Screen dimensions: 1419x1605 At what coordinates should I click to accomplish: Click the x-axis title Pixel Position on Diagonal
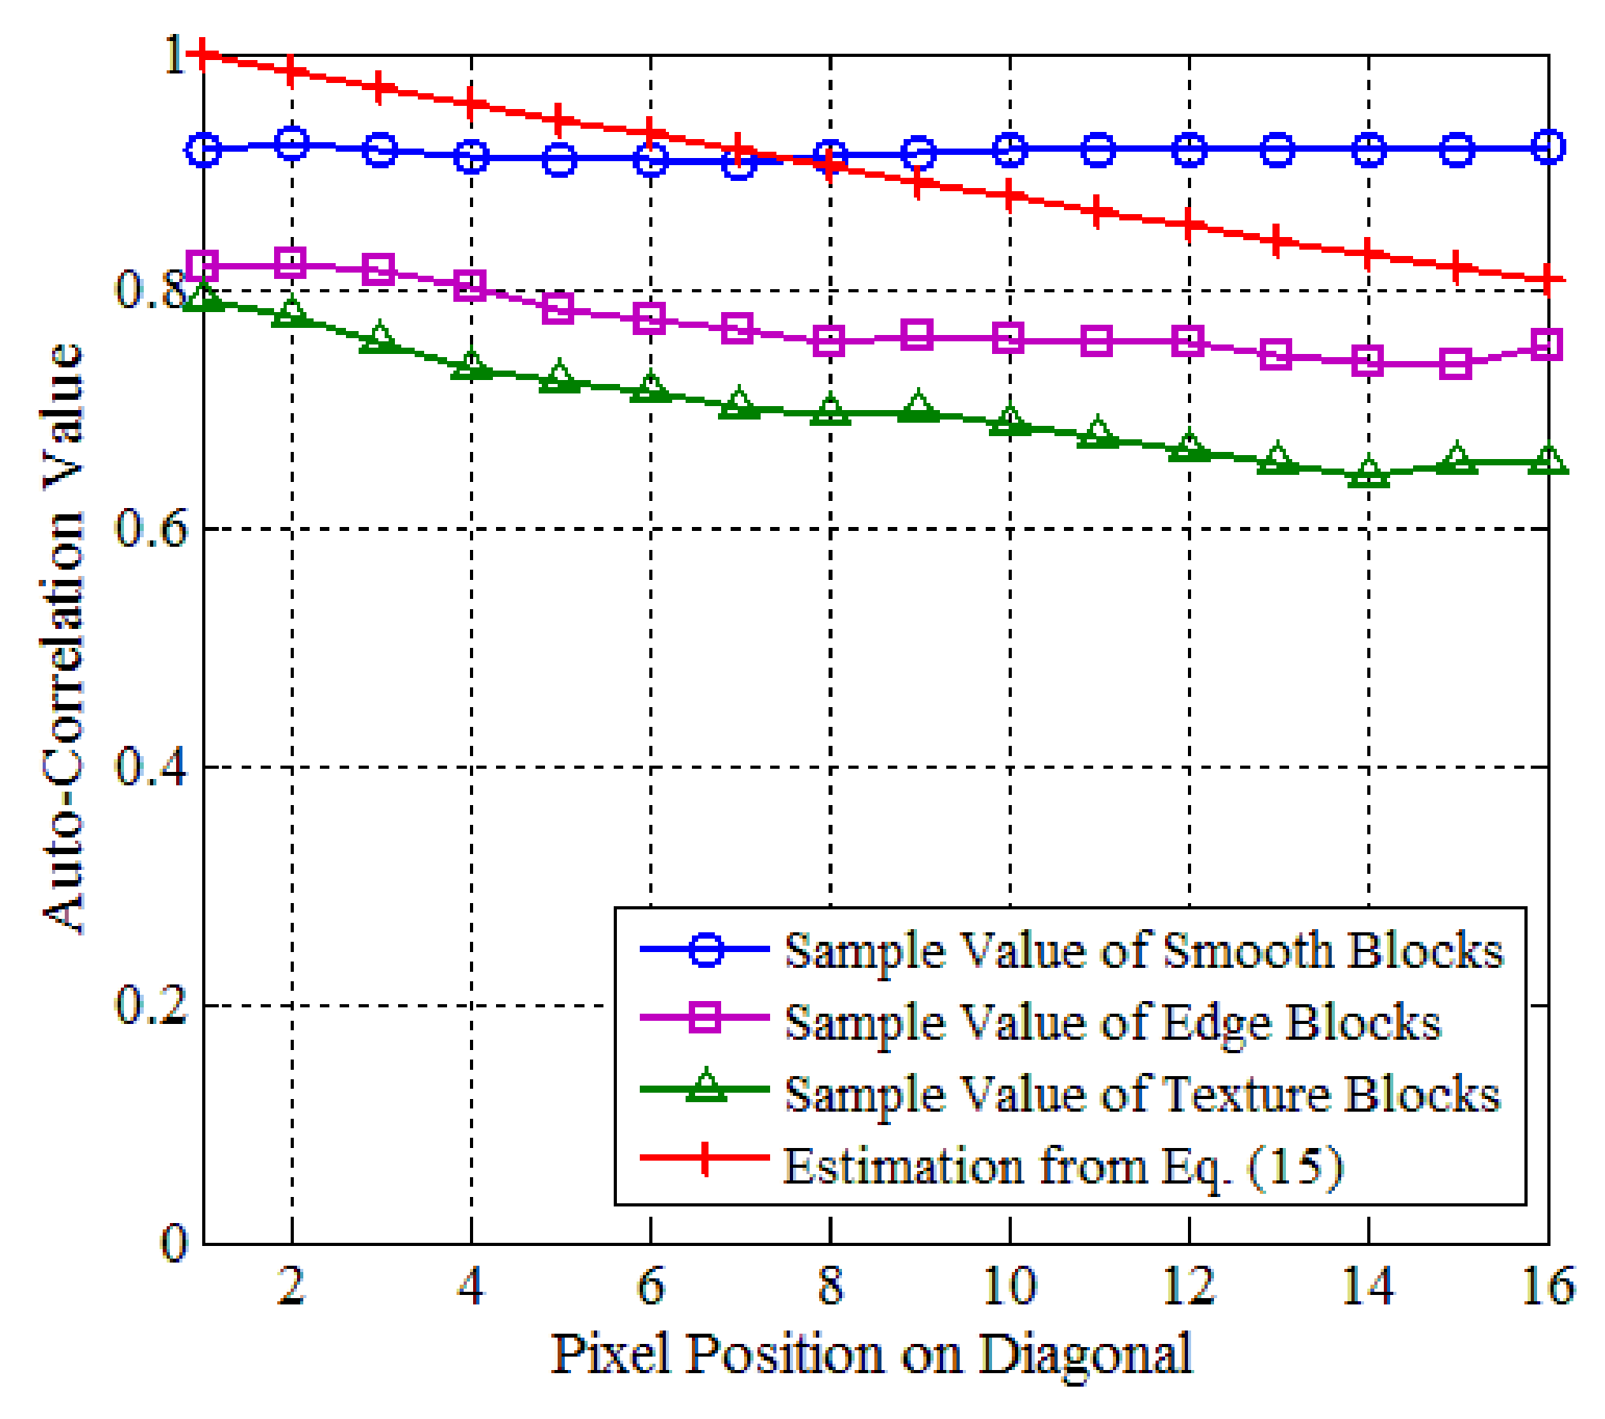tap(871, 1354)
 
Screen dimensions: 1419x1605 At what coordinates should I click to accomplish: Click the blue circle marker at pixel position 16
tap(1547, 148)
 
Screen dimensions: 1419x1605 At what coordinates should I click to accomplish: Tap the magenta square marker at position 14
tap(1368, 362)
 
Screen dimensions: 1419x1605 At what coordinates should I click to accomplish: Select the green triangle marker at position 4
tap(472, 367)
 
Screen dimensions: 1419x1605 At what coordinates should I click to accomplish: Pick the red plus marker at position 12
tap(1189, 224)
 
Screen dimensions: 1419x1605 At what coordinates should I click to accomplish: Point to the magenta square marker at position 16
tap(1547, 346)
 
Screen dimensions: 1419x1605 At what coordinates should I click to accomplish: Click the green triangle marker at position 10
tap(1009, 423)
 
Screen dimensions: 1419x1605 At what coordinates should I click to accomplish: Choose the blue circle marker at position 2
tap(292, 143)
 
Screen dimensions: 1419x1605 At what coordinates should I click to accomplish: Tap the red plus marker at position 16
tap(1547, 279)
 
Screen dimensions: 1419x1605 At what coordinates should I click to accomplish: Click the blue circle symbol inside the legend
tap(705, 950)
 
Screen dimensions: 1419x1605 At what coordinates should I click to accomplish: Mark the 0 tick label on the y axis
tap(175, 1244)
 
